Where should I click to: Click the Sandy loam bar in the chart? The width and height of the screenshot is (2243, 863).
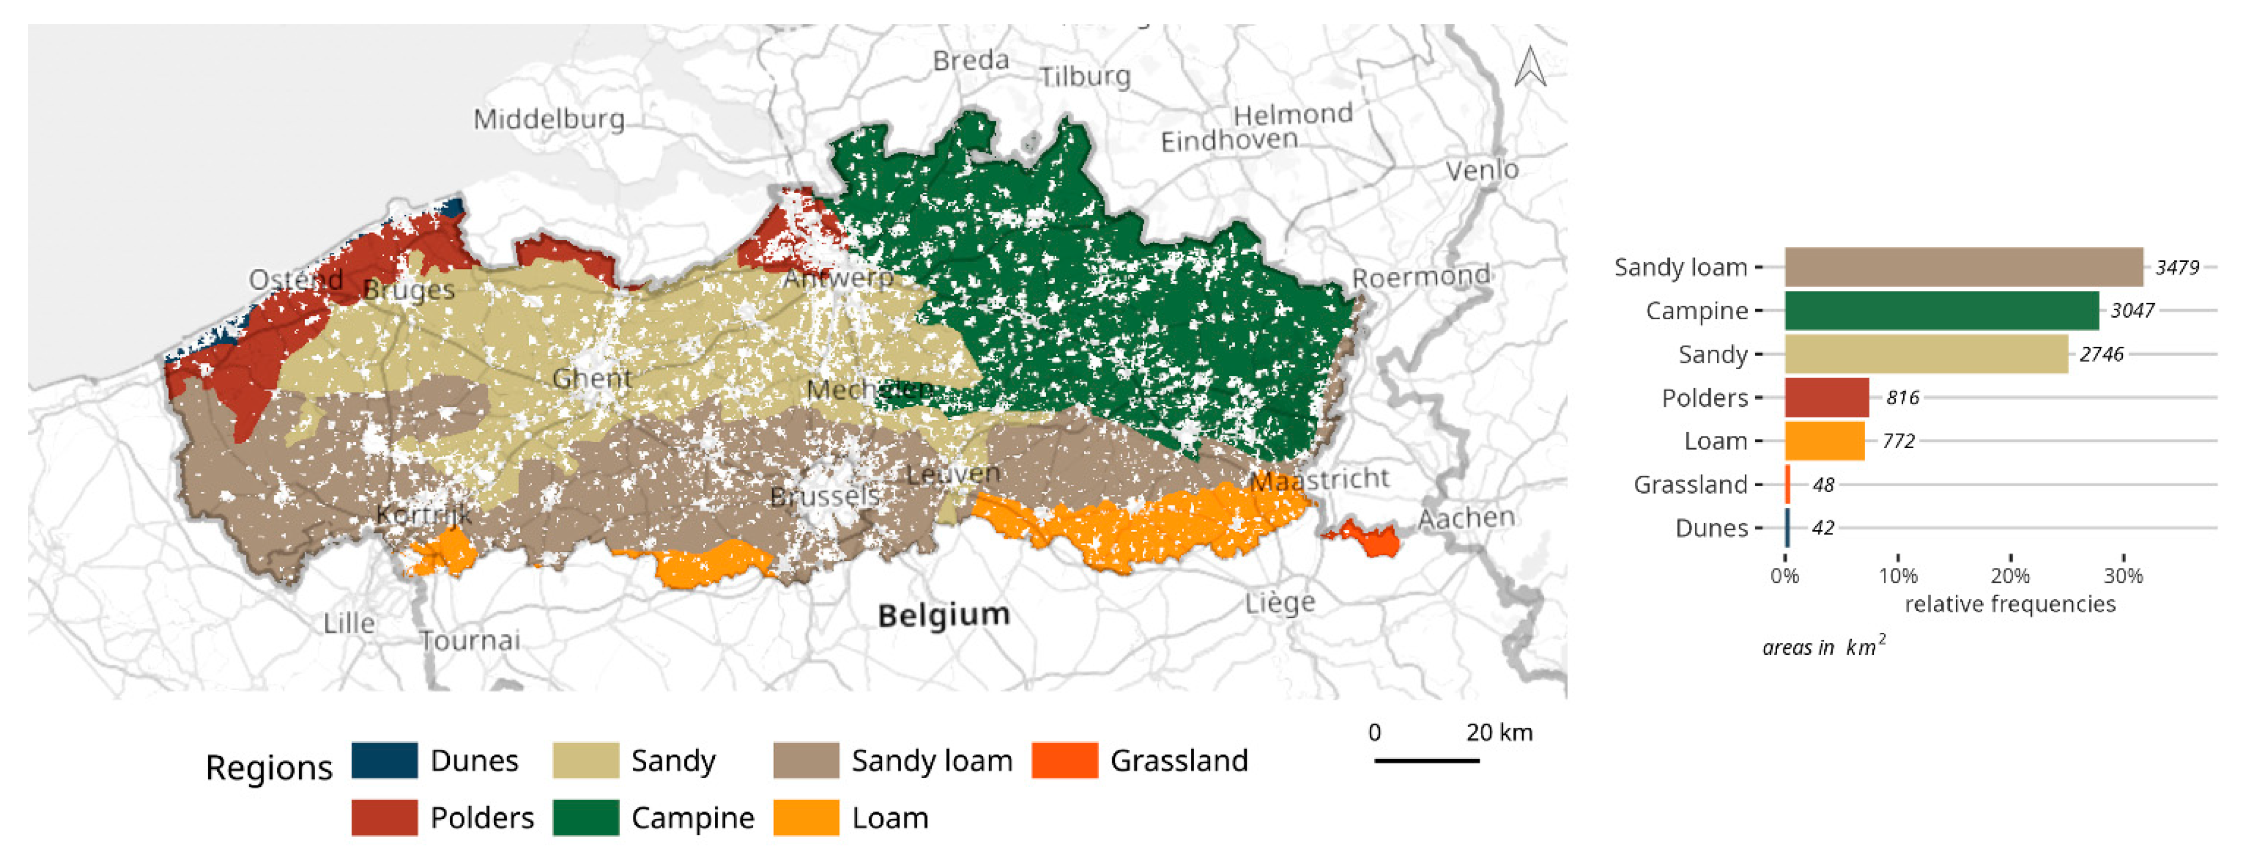tap(1963, 267)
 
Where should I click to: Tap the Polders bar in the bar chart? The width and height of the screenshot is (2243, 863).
tap(1826, 397)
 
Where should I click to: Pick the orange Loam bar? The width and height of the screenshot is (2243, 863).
tap(1824, 441)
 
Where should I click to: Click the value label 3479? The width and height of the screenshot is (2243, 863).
tap(2177, 267)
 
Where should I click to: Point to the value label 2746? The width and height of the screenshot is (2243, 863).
tap(2101, 354)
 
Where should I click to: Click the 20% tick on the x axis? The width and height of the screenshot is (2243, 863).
tap(2010, 576)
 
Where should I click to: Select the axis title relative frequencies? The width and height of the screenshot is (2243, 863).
tap(2010, 604)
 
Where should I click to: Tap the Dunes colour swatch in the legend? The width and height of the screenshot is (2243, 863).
tap(384, 760)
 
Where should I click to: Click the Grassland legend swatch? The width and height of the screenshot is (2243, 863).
tap(1064, 760)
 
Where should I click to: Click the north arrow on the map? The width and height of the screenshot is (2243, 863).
tap(1529, 67)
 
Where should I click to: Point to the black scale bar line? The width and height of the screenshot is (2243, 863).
tap(1426, 761)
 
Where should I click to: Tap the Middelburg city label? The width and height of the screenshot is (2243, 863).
tap(549, 119)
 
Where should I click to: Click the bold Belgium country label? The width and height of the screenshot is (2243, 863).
tap(944, 615)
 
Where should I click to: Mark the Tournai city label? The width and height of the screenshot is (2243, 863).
tap(470, 641)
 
